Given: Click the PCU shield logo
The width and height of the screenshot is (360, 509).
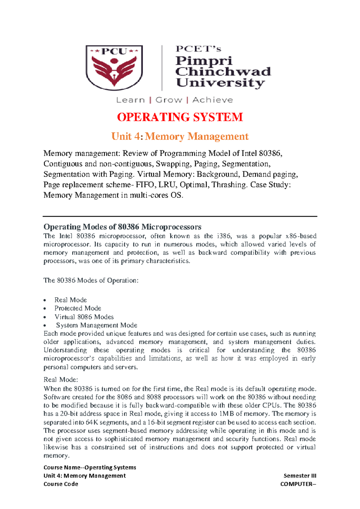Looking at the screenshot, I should (x=114, y=67).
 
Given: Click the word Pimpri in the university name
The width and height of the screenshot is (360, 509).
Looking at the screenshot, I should (x=204, y=61).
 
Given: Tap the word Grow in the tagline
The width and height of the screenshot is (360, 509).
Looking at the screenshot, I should (x=169, y=100).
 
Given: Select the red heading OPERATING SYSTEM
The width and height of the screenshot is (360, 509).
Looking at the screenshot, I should (x=180, y=117).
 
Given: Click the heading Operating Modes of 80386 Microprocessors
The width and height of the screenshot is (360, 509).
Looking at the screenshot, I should (x=122, y=227).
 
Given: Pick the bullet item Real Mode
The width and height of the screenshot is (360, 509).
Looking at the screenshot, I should (x=70, y=300).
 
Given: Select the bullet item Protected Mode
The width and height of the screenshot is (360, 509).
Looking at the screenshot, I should (x=78, y=308).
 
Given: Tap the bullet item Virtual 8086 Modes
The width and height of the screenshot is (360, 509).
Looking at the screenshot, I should (x=84, y=317).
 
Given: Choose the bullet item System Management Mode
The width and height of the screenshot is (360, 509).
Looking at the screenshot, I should (x=97, y=325).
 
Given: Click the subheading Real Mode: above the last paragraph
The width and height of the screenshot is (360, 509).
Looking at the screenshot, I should (x=61, y=379).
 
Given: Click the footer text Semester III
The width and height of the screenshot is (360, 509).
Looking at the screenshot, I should (x=300, y=476).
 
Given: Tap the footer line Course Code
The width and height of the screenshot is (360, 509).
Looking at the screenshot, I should (x=61, y=484).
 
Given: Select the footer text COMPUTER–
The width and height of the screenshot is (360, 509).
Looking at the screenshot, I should (x=298, y=484).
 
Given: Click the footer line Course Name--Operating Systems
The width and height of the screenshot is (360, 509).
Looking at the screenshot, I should (x=90, y=467).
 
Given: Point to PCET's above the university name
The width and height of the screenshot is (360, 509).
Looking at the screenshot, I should (x=198, y=49).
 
